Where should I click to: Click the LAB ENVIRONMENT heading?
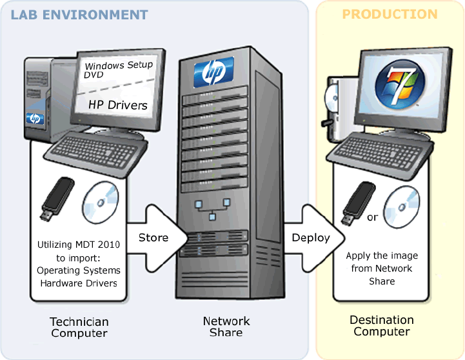(79, 15)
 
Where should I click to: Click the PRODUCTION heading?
(390, 14)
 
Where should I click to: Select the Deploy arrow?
(311, 237)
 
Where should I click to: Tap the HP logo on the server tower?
(213, 72)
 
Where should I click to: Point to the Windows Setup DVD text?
(119, 70)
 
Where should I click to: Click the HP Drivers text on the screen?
(118, 105)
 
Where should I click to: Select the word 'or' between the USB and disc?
(372, 217)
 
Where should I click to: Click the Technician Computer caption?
(79, 327)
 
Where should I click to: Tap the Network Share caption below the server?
(226, 326)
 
